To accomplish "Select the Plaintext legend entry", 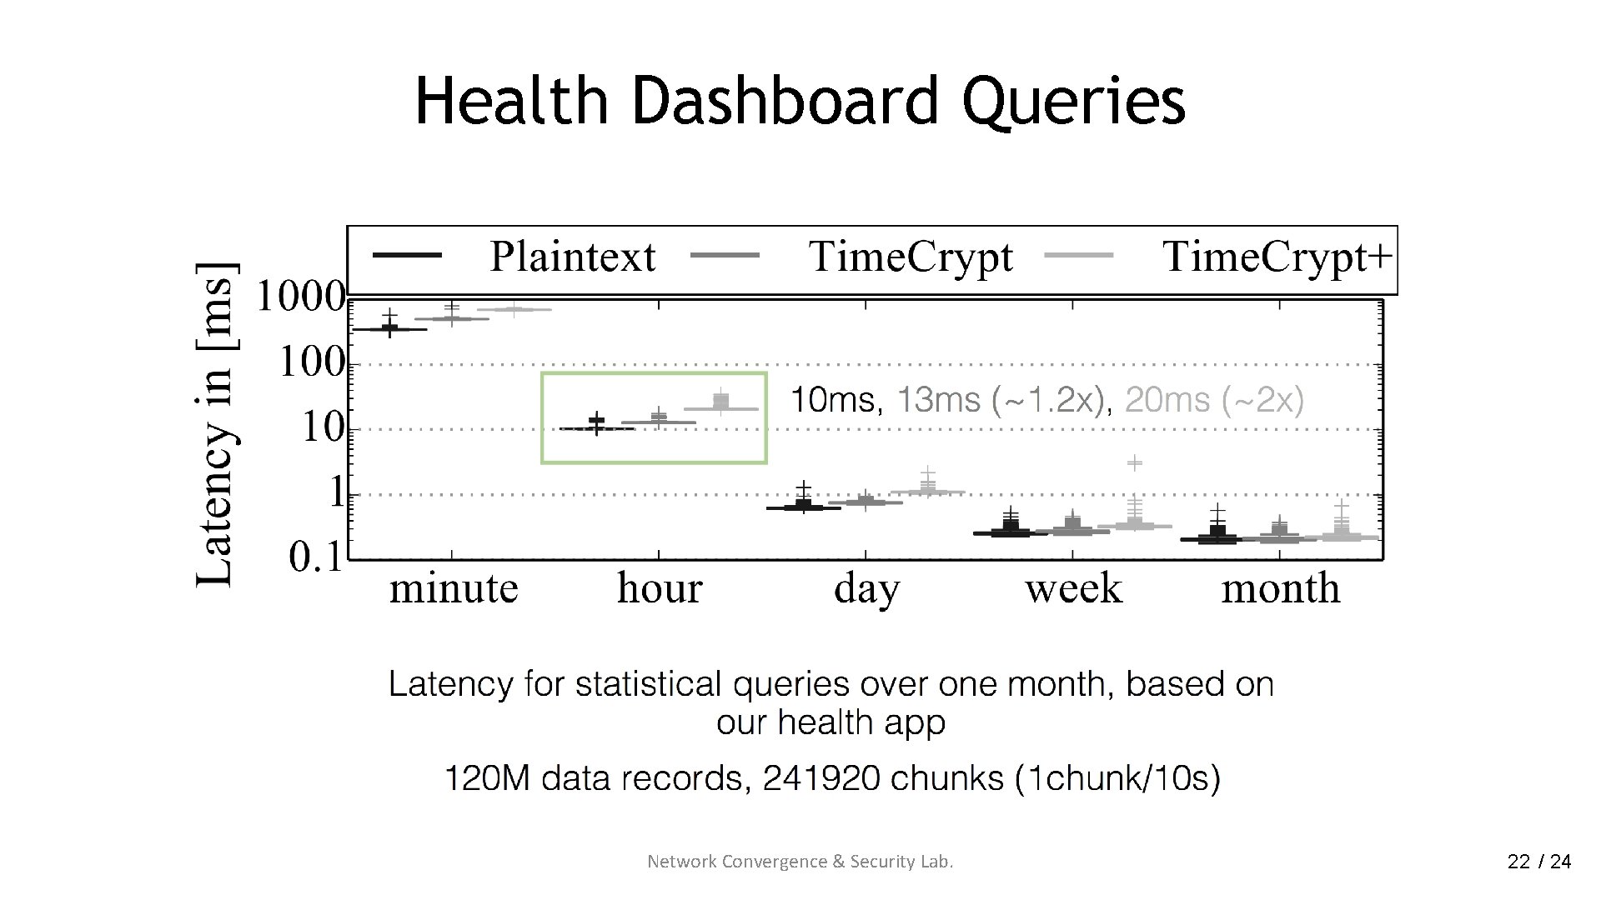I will (572, 257).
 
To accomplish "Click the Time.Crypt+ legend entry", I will (1277, 257).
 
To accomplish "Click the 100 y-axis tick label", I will (310, 362).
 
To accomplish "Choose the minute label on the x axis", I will (454, 588).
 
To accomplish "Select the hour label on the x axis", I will (660, 588).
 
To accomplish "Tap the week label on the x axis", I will (1073, 588).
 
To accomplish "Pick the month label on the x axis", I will (1280, 588).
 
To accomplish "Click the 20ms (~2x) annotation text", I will (1214, 401).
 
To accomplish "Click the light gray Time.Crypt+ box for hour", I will (721, 403).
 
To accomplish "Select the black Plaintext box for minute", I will (389, 328).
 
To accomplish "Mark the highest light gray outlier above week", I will (1135, 462).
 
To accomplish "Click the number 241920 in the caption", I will (821, 778).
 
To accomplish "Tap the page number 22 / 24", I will (1538, 862).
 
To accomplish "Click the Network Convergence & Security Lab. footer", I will (800, 862).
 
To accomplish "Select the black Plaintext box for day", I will (803, 505).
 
